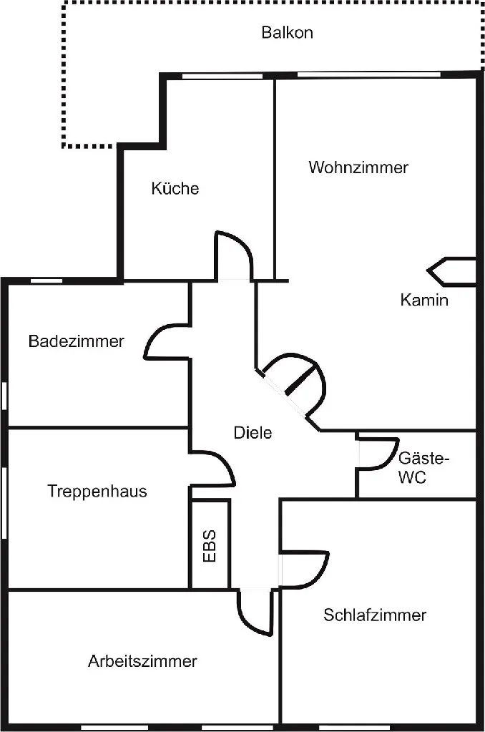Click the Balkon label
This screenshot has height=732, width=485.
click(x=287, y=33)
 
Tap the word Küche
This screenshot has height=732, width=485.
click(x=175, y=189)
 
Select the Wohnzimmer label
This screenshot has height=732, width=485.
click(x=358, y=167)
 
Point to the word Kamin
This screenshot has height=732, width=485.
click(x=424, y=300)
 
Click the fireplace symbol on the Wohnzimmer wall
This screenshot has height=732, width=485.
click(x=451, y=271)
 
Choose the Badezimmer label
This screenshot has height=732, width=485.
click(x=76, y=341)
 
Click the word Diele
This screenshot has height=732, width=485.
click(x=253, y=432)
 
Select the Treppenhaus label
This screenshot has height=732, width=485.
click(x=97, y=491)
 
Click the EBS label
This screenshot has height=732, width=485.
click(x=210, y=546)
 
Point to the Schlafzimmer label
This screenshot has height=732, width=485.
click(x=375, y=615)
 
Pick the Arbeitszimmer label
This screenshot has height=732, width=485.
click(x=142, y=661)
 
